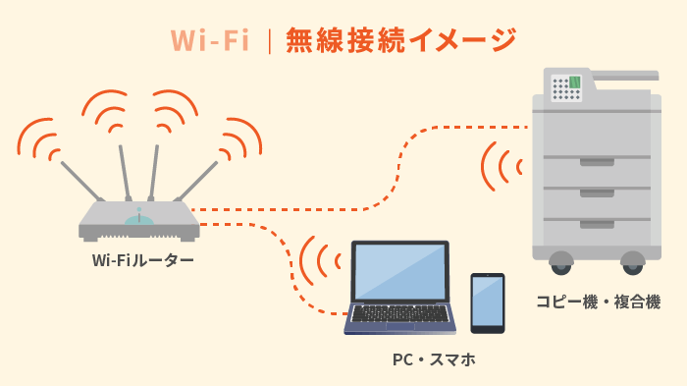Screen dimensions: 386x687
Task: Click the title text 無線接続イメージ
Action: [x=400, y=39]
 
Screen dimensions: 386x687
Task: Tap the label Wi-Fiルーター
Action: [x=142, y=260]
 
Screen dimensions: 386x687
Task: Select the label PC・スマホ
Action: [x=434, y=359]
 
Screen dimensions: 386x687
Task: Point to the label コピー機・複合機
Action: [x=598, y=302]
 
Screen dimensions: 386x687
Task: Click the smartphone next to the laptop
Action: [x=488, y=303]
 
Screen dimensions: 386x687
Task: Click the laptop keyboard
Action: [x=400, y=313]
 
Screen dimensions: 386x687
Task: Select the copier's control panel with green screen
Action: [x=566, y=87]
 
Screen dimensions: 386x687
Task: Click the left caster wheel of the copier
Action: [x=560, y=262]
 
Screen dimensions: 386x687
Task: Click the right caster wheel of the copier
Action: [x=633, y=262]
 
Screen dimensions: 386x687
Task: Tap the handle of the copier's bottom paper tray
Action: [x=597, y=224]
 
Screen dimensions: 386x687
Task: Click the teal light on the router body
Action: [x=139, y=218]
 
